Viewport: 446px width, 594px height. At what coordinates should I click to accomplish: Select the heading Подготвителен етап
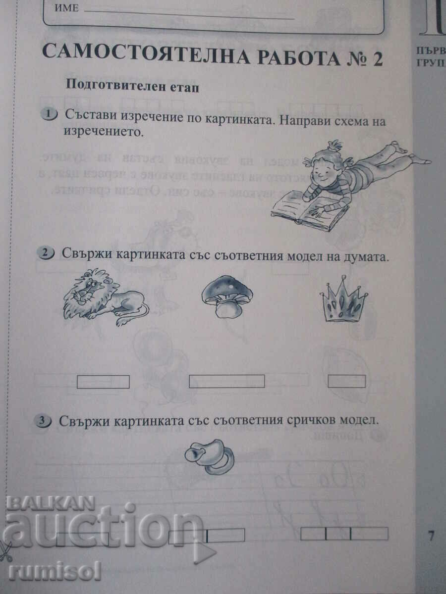click(132, 85)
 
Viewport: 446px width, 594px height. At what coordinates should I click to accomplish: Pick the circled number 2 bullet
click(46, 253)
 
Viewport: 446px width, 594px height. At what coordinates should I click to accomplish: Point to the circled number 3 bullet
click(44, 421)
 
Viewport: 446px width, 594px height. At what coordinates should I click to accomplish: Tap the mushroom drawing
click(226, 297)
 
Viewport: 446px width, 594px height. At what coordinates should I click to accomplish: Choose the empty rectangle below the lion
click(103, 382)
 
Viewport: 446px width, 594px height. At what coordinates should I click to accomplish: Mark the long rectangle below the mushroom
click(226, 381)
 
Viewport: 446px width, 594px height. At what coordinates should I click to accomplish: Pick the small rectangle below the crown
click(347, 381)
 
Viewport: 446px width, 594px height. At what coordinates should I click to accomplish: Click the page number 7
click(431, 535)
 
